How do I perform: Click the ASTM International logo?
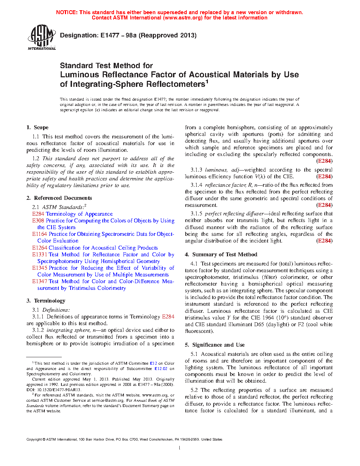click(42, 37)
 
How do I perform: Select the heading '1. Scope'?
click(37, 127)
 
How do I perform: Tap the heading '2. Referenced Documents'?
click(59, 198)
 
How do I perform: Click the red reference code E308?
click(38, 221)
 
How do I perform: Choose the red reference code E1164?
click(40, 234)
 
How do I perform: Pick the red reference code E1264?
click(40, 248)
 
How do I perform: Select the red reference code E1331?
click(40, 255)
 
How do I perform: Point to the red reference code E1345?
click(40, 268)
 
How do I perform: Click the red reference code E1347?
click(40, 281)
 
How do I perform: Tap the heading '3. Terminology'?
click(46, 301)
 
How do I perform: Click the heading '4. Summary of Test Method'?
click(221, 255)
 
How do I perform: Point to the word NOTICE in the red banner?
click(67, 12)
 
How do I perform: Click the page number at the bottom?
click(180, 448)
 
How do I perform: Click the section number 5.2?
click(194, 390)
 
